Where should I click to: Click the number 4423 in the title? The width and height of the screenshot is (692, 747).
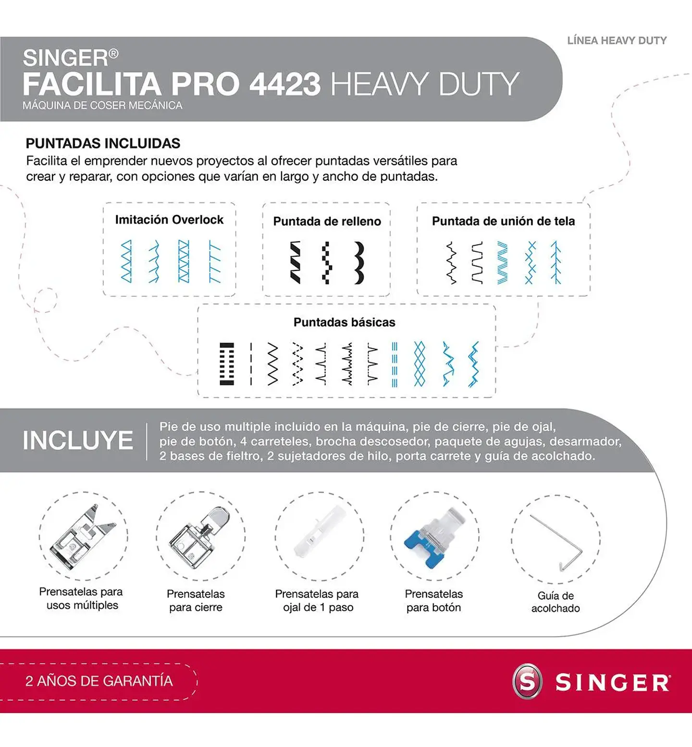tap(284, 84)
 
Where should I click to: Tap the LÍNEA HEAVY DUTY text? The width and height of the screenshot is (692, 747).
tap(617, 41)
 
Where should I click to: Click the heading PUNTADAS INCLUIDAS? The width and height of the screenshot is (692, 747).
tap(103, 143)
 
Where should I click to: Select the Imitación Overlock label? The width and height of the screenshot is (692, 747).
tap(169, 220)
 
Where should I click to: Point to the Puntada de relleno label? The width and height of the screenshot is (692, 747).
tap(327, 221)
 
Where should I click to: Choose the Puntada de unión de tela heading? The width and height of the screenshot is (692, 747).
tap(503, 221)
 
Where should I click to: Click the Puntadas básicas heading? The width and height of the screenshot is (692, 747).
tap(344, 322)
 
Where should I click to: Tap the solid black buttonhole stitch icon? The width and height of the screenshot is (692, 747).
tap(227, 364)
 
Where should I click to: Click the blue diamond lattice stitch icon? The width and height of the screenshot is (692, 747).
tap(420, 364)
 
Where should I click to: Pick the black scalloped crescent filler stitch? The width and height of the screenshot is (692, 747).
tap(359, 262)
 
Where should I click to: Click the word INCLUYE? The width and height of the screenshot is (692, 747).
tap(78, 440)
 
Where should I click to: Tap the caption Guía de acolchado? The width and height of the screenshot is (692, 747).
tap(556, 602)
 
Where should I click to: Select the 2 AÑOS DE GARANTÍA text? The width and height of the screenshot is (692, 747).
tap(99, 681)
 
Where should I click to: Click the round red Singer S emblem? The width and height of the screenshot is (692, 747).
tap(527, 681)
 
